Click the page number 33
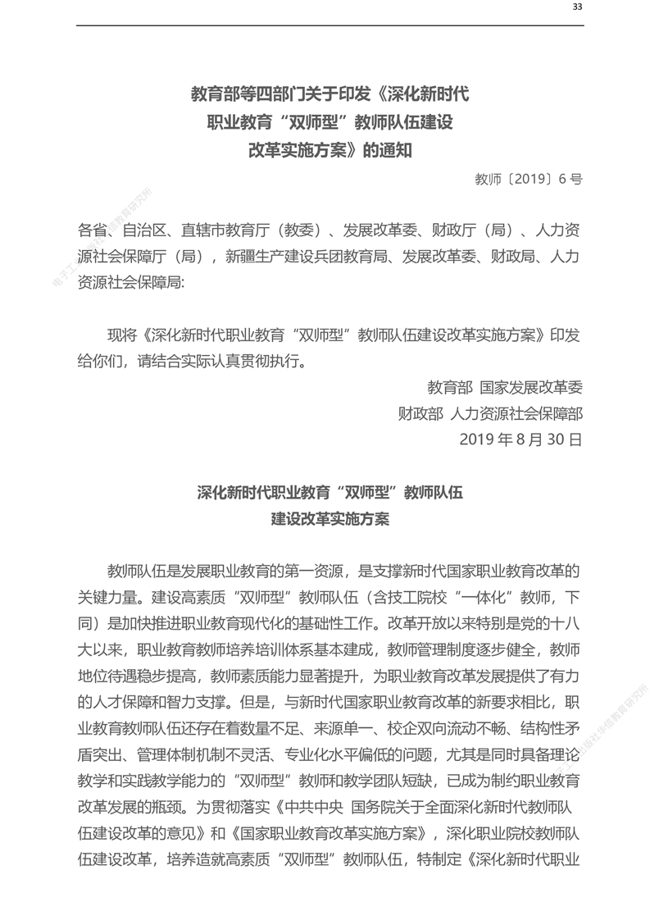[x=577, y=7]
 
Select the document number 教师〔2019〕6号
[x=529, y=178]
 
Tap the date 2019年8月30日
[x=521, y=439]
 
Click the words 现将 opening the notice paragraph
[x=123, y=335]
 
